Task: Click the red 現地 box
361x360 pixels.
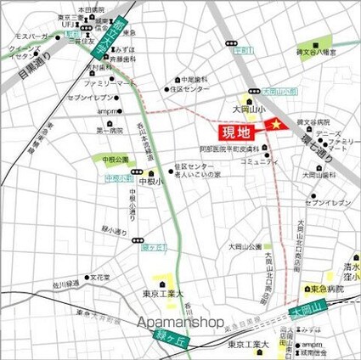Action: (236, 132)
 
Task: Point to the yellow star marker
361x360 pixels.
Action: (274, 126)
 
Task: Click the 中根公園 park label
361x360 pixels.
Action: (115, 159)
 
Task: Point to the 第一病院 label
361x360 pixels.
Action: (110, 130)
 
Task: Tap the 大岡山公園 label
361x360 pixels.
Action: (243, 246)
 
